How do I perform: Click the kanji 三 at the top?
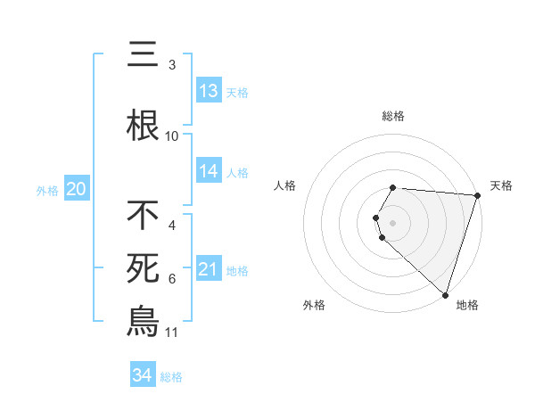143,55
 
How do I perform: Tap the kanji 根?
143,126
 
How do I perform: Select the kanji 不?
143,215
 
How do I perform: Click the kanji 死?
143,268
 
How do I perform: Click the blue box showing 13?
209,91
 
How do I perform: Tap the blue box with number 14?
209,171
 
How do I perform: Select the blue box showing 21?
209,269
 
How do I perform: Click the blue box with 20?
76,189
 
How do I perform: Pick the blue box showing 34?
143,375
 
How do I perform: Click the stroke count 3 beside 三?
172,65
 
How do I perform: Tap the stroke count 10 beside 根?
172,136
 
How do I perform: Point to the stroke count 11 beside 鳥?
172,333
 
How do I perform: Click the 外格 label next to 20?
47,190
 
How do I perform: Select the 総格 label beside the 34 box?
171,377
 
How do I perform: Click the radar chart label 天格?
501,185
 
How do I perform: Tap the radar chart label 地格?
467,305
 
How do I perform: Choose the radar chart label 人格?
285,185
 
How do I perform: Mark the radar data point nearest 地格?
445,294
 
